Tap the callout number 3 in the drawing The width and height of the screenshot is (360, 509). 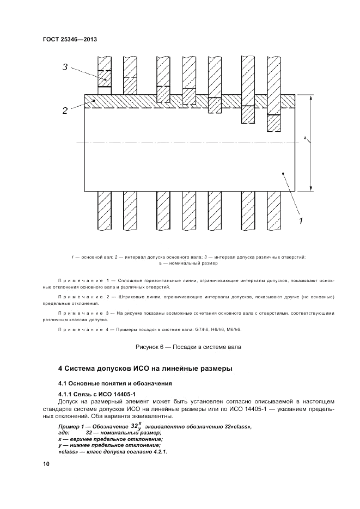click(64, 68)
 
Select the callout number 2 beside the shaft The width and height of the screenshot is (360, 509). click(64, 111)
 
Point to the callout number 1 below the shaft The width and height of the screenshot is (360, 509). click(300, 220)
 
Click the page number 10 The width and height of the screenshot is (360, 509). click(45, 464)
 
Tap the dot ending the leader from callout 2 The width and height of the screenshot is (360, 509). click(94, 101)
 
